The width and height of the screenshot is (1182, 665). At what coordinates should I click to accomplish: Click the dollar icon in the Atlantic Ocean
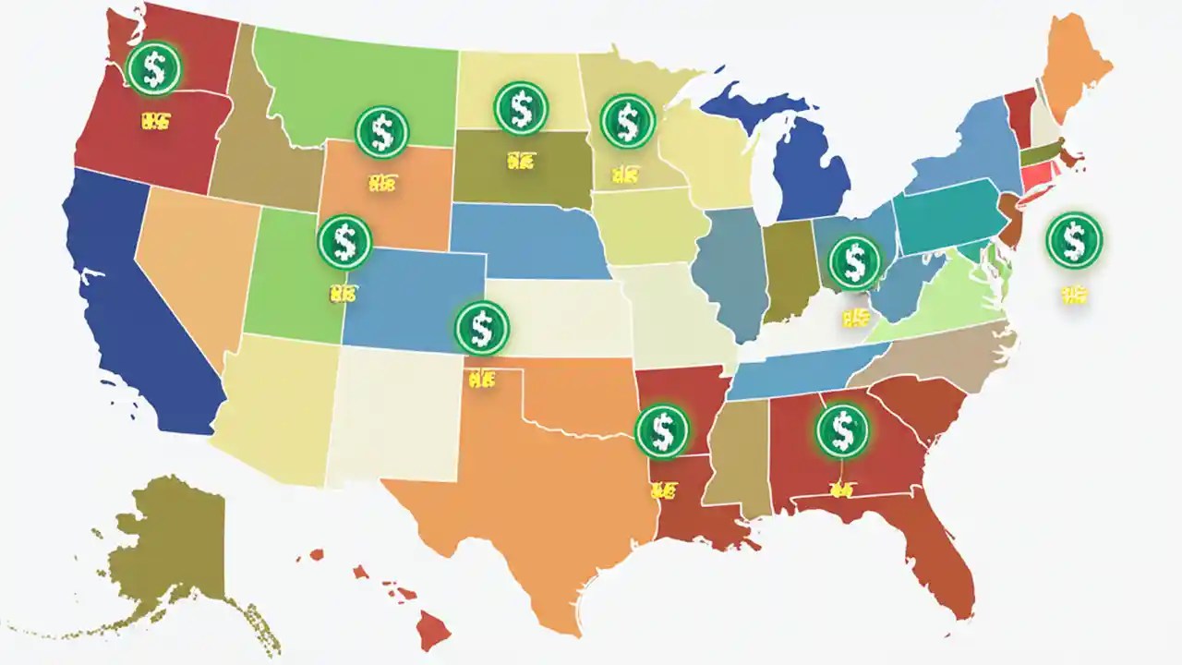point(1074,240)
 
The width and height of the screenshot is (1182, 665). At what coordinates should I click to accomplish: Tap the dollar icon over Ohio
point(855,261)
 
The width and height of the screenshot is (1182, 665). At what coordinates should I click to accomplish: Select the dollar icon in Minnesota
point(628,121)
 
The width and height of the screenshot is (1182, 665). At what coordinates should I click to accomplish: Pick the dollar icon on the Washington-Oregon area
point(154,69)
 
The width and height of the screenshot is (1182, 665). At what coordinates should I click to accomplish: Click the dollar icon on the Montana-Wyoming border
point(381,132)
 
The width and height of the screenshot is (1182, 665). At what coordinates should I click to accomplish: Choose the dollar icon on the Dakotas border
point(522,109)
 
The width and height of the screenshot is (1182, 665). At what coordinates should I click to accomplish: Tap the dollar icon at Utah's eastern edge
point(344,242)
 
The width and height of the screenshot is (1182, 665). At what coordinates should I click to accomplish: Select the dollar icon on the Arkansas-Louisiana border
point(662,430)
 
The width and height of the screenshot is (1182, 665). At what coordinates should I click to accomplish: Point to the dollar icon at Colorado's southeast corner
point(481,328)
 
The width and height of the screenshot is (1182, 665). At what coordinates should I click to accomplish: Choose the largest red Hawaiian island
point(432,632)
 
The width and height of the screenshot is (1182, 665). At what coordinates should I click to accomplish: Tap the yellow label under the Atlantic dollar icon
point(1073,295)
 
